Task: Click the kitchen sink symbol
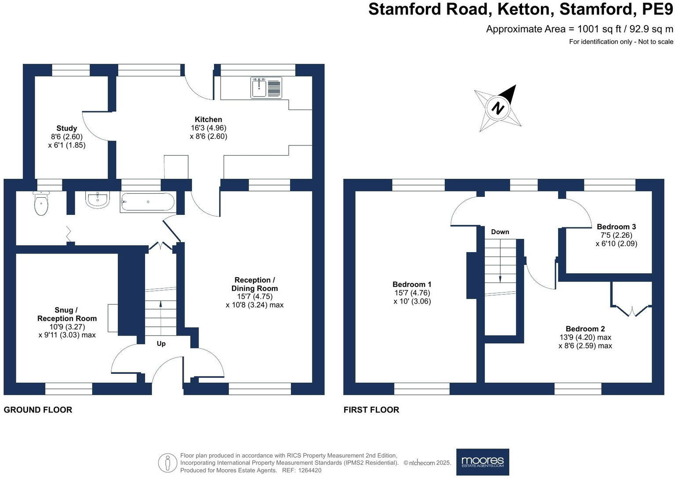coord(266,87)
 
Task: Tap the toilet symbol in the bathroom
coord(41,204)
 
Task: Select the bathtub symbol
coord(147,203)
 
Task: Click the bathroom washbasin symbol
coord(98,200)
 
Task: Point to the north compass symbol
coord(498,108)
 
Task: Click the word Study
coord(67,128)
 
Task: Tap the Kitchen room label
coord(208,119)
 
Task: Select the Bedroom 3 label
coord(616,227)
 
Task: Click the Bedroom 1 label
coord(412,284)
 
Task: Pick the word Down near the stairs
coord(500,232)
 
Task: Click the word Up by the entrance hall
coord(161,344)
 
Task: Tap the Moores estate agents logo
coord(483,462)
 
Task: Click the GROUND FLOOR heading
coord(38,410)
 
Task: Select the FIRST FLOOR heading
coord(371,410)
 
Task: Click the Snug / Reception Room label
coord(67,314)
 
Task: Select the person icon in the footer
coord(167,463)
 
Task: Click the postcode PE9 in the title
coord(657,9)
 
